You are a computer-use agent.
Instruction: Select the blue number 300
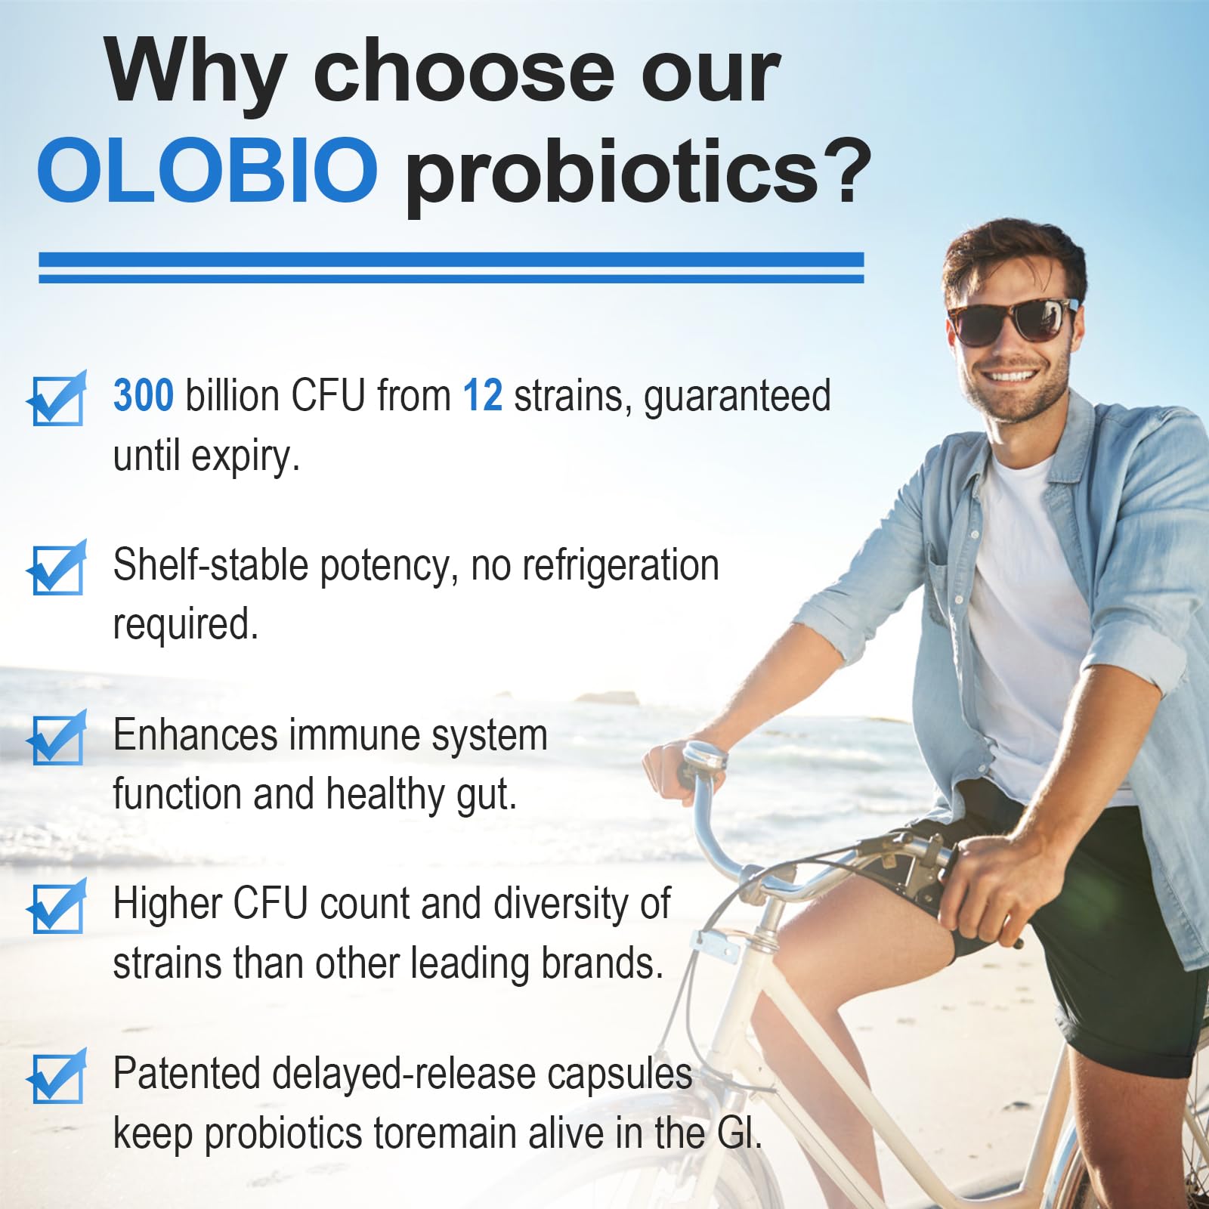[144, 395]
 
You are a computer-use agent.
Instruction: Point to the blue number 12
[482, 395]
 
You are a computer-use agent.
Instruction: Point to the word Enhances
[195, 735]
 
